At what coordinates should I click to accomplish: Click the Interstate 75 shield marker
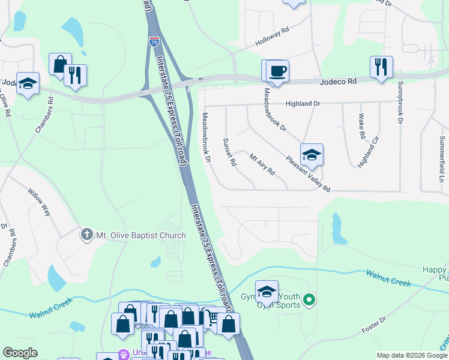tap(154, 42)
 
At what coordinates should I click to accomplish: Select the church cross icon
tap(87, 235)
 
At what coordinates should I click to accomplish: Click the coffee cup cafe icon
tap(277, 71)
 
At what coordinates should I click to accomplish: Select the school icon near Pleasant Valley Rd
tap(312, 155)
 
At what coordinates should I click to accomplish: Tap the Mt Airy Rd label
tap(262, 164)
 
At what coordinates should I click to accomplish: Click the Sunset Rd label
tap(229, 151)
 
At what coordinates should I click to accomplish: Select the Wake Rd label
tap(361, 126)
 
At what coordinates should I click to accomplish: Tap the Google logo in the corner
tap(20, 353)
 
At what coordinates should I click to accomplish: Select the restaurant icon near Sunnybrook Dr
tap(381, 67)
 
